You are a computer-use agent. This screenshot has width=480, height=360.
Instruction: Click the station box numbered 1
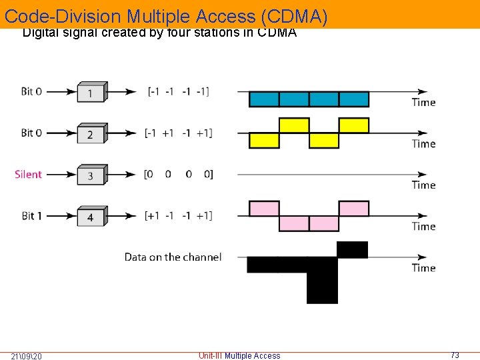[91, 92]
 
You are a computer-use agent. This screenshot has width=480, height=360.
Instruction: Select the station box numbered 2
[91, 133]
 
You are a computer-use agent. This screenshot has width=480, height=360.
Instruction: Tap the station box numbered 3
[91, 175]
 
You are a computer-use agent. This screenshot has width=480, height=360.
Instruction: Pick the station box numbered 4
[91, 216]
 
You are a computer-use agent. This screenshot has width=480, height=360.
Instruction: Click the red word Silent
[28, 174]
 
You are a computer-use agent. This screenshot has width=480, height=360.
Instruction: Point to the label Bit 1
[31, 215]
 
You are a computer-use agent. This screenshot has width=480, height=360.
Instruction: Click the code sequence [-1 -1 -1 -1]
[178, 91]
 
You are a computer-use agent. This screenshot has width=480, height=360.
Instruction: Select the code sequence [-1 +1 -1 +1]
[178, 133]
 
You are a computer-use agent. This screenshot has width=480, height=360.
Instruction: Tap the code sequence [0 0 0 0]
[178, 174]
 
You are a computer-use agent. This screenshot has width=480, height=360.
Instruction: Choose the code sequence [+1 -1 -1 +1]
[178, 215]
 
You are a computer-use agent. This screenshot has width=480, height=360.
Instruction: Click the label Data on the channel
[173, 257]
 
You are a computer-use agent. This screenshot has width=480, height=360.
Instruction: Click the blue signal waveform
[309, 99]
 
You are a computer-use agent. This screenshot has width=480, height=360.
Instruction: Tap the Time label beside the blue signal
[423, 102]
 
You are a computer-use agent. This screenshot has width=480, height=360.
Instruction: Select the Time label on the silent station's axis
[423, 185]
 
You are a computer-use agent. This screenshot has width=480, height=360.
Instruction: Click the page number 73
[455, 355]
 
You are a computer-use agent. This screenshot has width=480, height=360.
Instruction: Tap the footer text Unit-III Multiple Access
[239, 355]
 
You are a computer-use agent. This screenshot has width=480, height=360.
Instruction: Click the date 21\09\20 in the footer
[27, 355]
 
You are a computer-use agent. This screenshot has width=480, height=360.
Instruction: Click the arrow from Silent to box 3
[60, 175]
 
